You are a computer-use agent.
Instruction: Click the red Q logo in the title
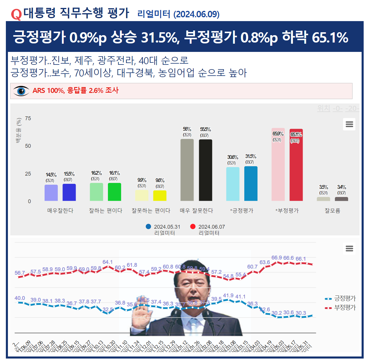pyautogui.click(x=16, y=14)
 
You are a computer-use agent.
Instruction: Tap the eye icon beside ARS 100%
pyautogui.click(x=21, y=91)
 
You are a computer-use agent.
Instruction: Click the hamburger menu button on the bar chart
pyautogui.click(x=349, y=124)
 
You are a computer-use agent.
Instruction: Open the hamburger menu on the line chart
pyautogui.click(x=349, y=249)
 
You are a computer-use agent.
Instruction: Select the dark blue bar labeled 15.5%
pyautogui.click(x=69, y=192)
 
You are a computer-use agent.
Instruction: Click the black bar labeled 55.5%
pyautogui.click(x=205, y=170)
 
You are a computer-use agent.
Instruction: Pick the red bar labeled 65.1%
pyautogui.click(x=296, y=165)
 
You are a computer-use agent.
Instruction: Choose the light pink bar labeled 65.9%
pyautogui.click(x=278, y=164)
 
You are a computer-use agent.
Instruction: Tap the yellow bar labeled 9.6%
pyautogui.click(x=160, y=196)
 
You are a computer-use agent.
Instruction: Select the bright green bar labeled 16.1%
pyautogui.click(x=114, y=192)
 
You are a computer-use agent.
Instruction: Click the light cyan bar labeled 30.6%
pyautogui.click(x=233, y=184)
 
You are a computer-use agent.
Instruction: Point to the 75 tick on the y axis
pyautogui.click(x=28, y=118)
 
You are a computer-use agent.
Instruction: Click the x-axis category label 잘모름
pyautogui.click(x=332, y=210)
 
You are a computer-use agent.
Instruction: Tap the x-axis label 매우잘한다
pyautogui.click(x=60, y=210)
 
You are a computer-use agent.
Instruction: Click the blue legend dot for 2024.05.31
pyautogui.click(x=148, y=227)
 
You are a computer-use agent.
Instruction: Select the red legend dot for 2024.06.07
pyautogui.click(x=193, y=227)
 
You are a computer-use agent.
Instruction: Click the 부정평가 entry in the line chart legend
pyautogui.click(x=345, y=308)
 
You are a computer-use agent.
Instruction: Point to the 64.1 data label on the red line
pyautogui.click(x=108, y=262)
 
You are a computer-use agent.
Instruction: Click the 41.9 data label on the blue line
pyautogui.click(x=228, y=296)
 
